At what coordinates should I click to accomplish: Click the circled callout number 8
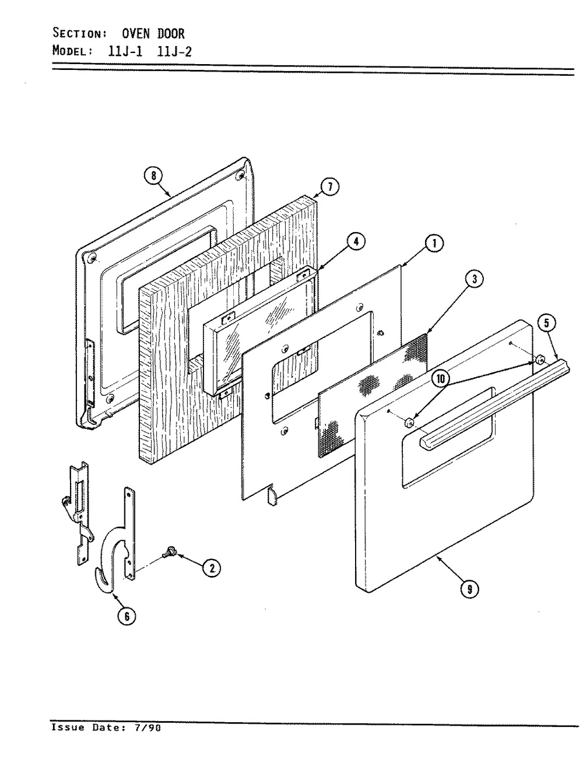click(x=153, y=176)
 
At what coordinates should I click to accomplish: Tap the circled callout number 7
click(x=329, y=187)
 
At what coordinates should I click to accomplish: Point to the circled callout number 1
click(x=434, y=244)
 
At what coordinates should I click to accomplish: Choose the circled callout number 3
click(x=473, y=279)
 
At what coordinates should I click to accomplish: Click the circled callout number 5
click(x=546, y=324)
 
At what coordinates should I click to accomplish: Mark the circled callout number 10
click(x=441, y=378)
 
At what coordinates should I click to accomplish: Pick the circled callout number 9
click(x=470, y=589)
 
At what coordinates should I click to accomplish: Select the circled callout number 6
click(x=127, y=616)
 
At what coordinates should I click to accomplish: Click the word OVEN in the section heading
click(x=136, y=34)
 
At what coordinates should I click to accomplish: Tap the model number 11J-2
click(x=174, y=51)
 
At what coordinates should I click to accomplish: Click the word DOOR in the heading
click(x=171, y=34)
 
